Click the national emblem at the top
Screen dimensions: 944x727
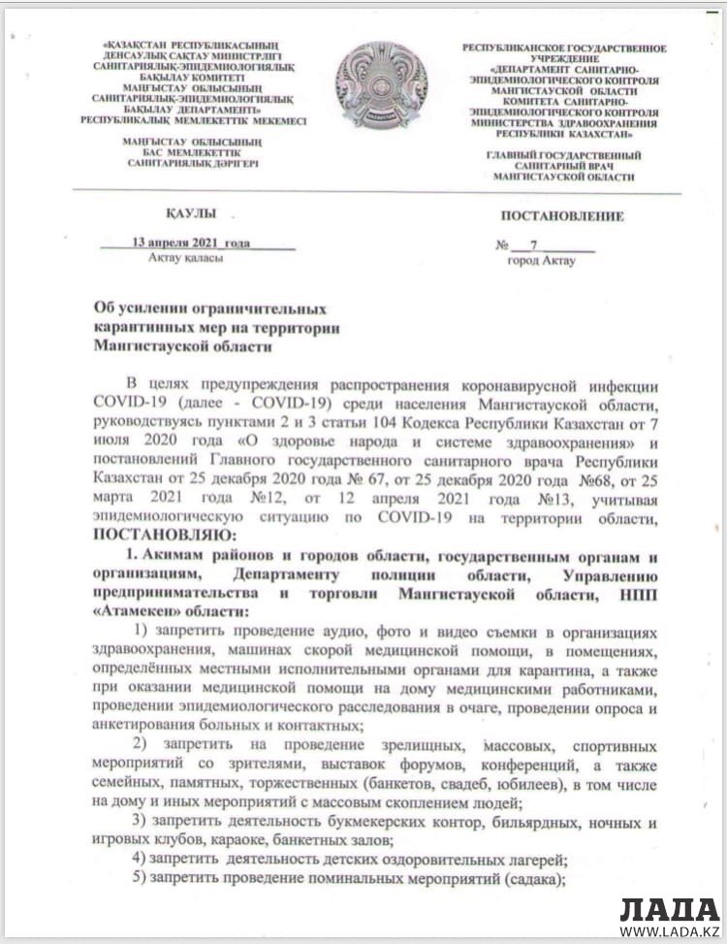point(381,86)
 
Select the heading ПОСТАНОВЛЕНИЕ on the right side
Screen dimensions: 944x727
point(562,216)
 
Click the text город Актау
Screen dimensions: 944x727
point(541,260)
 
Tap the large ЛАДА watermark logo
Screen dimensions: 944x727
point(670,909)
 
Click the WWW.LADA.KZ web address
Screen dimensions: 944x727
point(670,932)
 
